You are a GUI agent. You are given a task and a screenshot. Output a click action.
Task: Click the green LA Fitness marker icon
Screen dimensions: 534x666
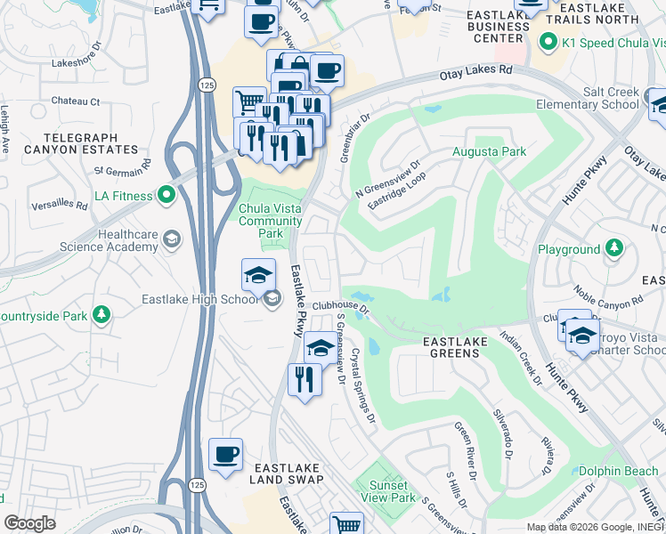click(166, 194)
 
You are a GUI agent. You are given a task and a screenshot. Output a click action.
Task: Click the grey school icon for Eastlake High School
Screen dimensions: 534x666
click(272, 299)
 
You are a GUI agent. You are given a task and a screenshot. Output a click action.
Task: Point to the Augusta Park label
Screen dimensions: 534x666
click(489, 151)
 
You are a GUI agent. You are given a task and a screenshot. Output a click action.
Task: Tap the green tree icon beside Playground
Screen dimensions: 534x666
click(613, 249)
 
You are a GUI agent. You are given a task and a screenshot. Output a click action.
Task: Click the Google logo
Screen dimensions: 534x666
click(29, 523)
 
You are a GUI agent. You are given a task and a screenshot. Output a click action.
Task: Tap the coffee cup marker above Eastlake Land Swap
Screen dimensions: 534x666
click(225, 455)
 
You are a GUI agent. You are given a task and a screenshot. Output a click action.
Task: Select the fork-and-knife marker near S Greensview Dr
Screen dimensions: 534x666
click(305, 379)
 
